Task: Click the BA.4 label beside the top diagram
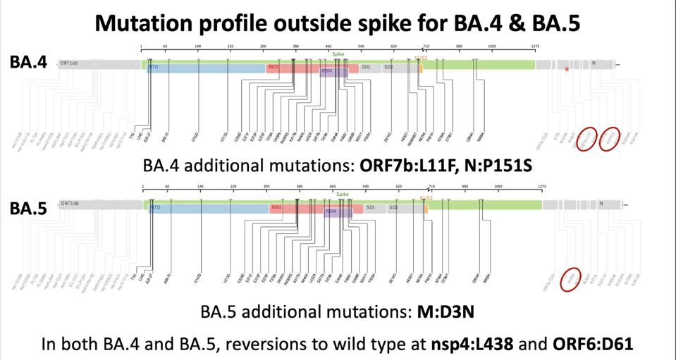(28, 62)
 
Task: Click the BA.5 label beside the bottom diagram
(28, 209)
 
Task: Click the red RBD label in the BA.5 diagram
(276, 208)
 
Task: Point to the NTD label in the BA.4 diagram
(154, 68)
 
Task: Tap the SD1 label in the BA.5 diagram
(371, 208)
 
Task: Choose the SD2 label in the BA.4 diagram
(388, 68)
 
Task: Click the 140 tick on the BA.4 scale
(198, 46)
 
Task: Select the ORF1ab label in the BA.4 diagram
(69, 63)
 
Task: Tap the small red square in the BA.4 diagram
(567, 69)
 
